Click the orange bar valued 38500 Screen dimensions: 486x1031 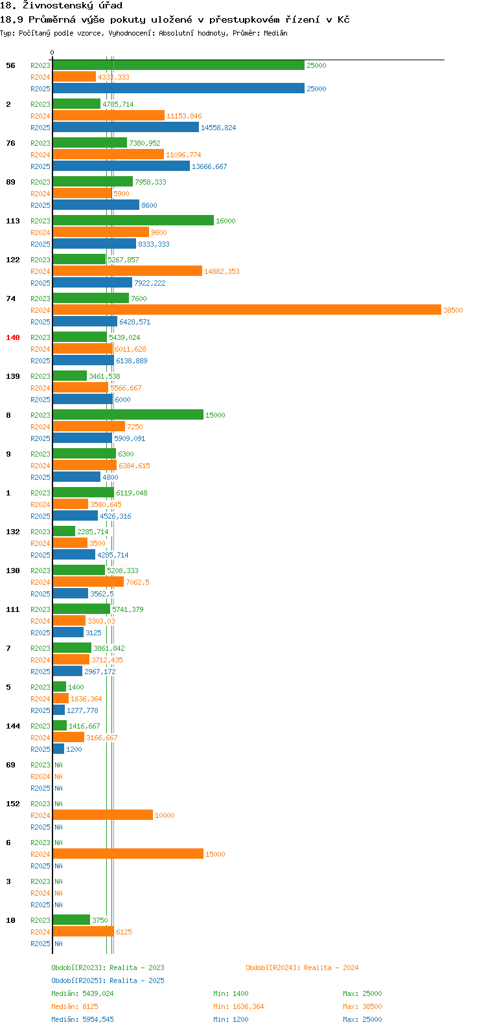[x=247, y=310]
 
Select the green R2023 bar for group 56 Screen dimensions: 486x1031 [x=179, y=65]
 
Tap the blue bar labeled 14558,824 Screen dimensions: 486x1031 [x=126, y=128]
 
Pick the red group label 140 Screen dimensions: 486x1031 [x=13, y=337]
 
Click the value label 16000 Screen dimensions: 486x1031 [x=226, y=221]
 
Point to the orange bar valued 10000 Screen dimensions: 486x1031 [x=103, y=815]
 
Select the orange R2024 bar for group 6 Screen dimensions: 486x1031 [x=128, y=854]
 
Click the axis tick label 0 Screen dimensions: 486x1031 [x=52, y=52]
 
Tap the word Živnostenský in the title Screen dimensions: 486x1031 [x=58, y=6]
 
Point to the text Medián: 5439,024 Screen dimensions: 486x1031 [x=82, y=993]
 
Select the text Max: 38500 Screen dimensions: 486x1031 [x=362, y=1006]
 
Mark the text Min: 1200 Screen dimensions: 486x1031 [x=231, y=1019]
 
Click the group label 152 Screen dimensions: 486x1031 [x=13, y=804]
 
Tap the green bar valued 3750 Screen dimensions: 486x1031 [x=71, y=920]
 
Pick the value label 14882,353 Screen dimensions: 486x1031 [x=222, y=271]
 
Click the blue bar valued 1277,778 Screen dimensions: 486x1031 [x=59, y=710]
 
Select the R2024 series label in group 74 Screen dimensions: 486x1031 [x=40, y=310]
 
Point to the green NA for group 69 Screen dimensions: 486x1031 [x=58, y=765]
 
